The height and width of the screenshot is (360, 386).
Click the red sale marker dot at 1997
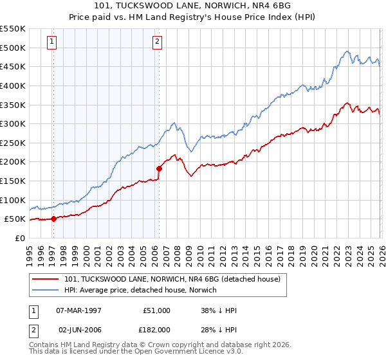[53, 219]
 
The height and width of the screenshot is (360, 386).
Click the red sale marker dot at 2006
[158, 168]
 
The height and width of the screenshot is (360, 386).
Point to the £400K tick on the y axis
[13, 85]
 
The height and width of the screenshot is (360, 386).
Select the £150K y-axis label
[13, 181]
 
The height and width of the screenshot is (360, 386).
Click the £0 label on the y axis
[19, 238]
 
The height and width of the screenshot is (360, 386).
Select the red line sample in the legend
[46, 280]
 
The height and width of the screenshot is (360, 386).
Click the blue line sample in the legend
[46, 291]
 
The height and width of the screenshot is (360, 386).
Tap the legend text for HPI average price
[142, 291]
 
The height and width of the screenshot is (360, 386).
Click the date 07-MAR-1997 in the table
[77, 310]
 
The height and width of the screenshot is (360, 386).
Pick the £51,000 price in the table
[155, 310]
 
